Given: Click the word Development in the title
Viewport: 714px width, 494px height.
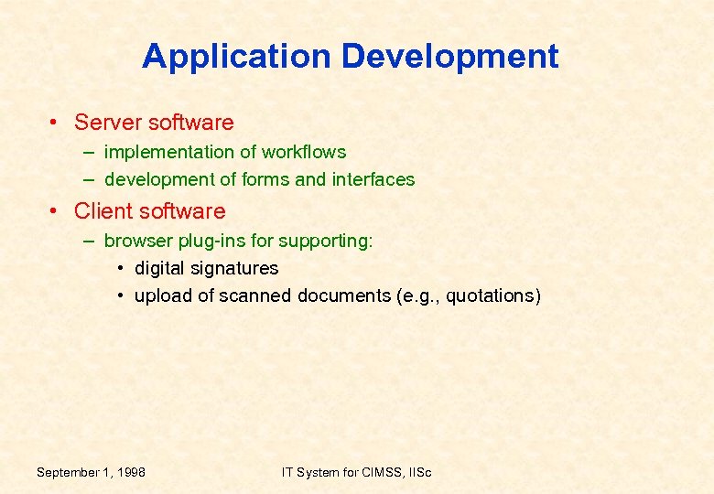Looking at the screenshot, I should [x=450, y=57].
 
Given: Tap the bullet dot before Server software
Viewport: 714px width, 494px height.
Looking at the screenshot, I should [x=56, y=123].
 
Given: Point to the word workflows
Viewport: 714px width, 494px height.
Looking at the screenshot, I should [x=304, y=152].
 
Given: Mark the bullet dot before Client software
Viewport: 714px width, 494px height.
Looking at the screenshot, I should [x=56, y=211].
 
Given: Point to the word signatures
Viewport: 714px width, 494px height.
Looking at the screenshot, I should [x=233, y=269].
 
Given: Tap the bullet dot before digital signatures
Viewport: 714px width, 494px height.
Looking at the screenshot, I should [x=121, y=269].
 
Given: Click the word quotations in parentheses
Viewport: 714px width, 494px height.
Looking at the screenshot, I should [x=492, y=296].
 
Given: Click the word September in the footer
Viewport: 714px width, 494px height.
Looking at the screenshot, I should [x=69, y=472].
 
